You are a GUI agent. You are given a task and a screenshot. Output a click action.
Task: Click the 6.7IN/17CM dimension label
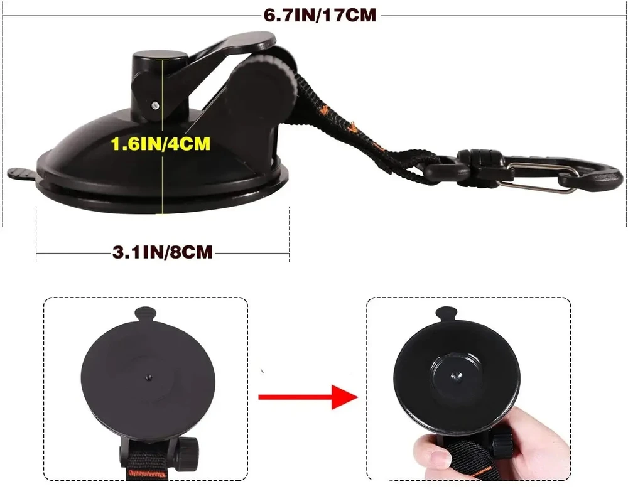[x=320, y=15]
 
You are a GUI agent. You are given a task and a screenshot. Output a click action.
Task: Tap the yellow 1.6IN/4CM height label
[x=160, y=144]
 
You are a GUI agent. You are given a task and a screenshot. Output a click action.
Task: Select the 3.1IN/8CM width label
[x=162, y=252]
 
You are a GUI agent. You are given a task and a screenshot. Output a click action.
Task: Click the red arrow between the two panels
[x=308, y=397]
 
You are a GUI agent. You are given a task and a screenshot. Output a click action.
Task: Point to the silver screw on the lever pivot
[x=155, y=105]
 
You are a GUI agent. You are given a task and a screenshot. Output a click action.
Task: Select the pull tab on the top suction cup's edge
[x=22, y=173]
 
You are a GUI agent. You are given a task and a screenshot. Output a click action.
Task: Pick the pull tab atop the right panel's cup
[x=445, y=314]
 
